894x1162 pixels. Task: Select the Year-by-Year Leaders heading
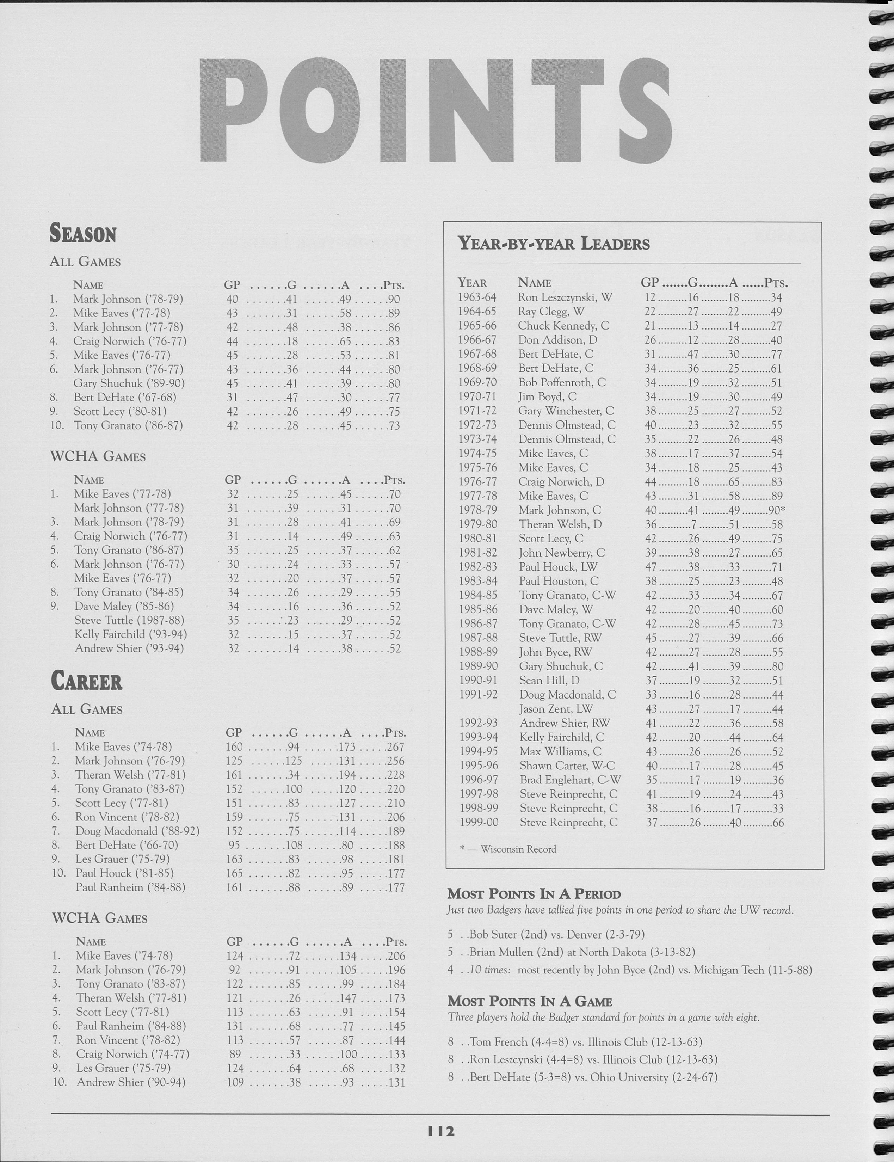point(554,244)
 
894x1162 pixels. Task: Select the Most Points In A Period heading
point(534,894)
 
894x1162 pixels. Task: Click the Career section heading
point(87,682)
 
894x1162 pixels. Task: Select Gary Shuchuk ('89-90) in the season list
point(129,383)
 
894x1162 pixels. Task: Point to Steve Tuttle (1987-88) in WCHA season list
point(130,620)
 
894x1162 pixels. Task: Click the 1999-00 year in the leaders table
point(479,823)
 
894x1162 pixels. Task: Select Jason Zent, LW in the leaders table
point(556,709)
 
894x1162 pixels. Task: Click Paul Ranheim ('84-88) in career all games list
point(130,887)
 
